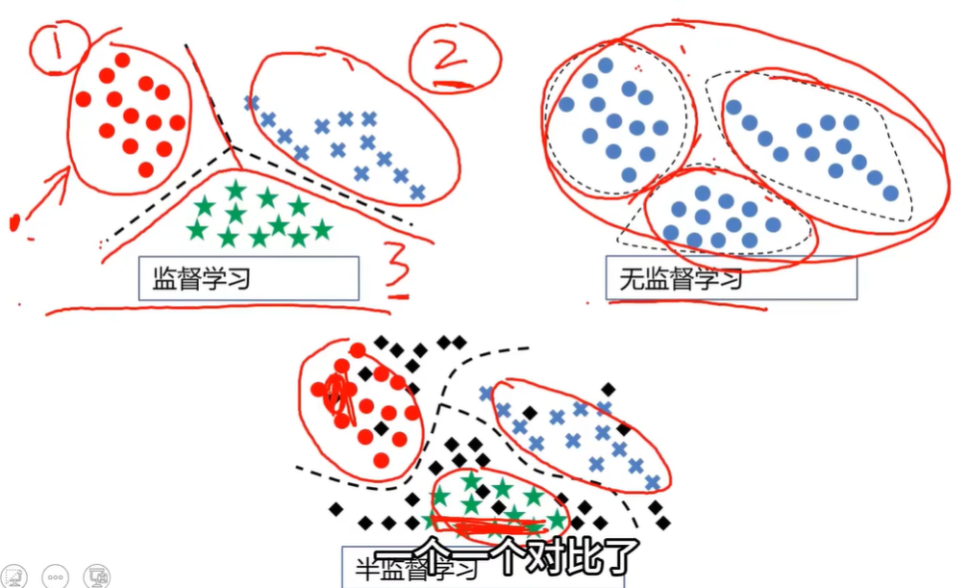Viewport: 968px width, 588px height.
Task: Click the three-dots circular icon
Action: coord(56,575)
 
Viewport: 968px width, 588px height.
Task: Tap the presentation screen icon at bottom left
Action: coord(97,575)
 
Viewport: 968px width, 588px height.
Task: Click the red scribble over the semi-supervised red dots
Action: coord(339,397)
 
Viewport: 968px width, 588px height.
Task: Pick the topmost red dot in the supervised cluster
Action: coord(122,60)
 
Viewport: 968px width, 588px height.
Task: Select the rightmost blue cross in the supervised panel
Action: coord(417,192)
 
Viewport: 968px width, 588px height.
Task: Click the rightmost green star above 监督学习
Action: coord(321,228)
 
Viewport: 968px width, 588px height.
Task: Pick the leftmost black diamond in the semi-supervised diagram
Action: coord(335,508)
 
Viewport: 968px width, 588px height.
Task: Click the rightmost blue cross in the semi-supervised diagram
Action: coord(654,482)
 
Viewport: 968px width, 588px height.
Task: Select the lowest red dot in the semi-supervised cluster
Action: coord(382,459)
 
